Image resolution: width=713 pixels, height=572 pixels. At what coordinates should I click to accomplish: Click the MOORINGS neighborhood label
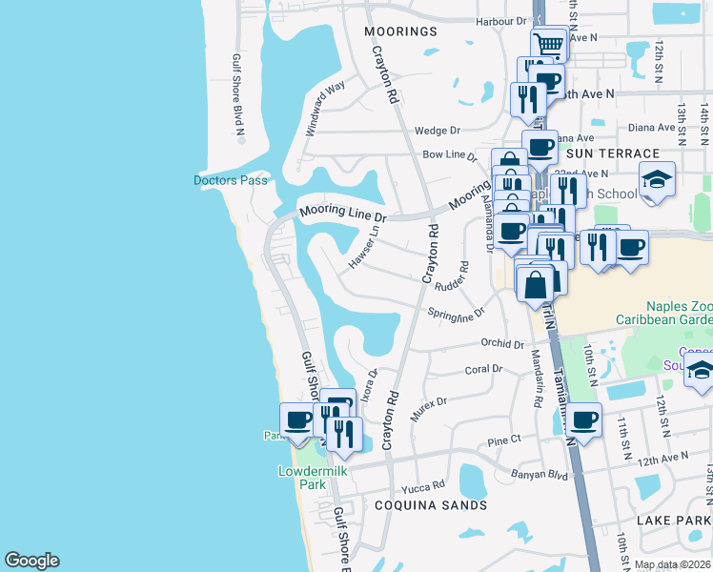[x=400, y=31]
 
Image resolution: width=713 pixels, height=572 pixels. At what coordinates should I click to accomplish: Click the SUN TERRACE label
[x=612, y=153]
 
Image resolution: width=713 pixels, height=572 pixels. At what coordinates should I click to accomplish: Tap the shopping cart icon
[x=548, y=44]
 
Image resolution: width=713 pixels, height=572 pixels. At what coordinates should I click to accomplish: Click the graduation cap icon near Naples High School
[x=657, y=179]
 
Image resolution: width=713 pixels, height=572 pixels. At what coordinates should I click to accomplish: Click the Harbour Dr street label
[x=500, y=21]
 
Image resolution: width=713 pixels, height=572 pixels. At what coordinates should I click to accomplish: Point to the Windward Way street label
[x=324, y=110]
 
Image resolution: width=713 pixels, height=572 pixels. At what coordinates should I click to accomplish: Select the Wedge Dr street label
[x=438, y=131]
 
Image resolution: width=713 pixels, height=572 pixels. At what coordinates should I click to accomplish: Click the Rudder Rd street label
[x=452, y=277]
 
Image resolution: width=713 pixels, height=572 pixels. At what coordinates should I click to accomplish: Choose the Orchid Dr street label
[x=502, y=343]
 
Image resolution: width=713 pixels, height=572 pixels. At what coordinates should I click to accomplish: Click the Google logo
[x=31, y=561]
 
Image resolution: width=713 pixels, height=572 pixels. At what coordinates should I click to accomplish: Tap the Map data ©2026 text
[x=671, y=564]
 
